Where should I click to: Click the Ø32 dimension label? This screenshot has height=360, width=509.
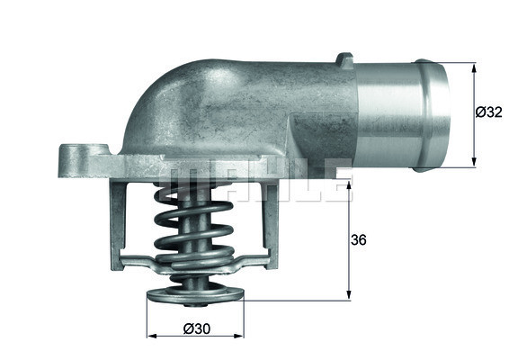coord(487,113)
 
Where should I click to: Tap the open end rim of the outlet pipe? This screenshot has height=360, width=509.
coord(440,114)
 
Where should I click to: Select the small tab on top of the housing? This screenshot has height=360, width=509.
coord(344,60)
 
